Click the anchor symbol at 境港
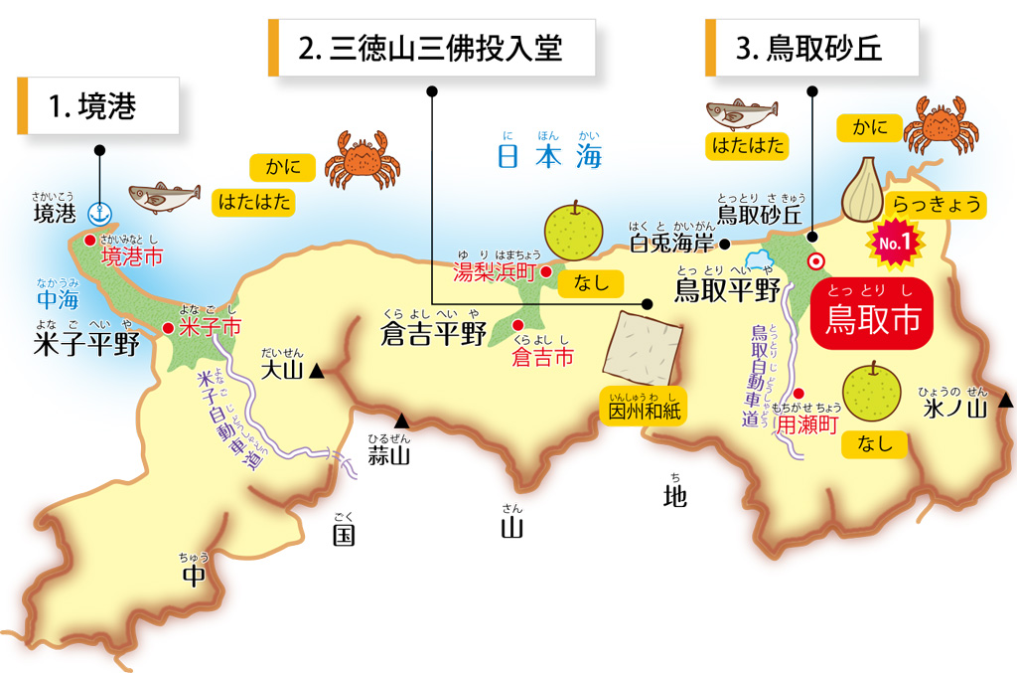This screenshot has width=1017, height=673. (99, 213)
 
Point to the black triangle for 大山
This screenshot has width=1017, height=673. (316, 372)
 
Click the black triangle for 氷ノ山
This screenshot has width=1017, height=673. (1005, 401)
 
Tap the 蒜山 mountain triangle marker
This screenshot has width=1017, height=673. (401, 421)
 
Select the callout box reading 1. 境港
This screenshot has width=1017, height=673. (98, 106)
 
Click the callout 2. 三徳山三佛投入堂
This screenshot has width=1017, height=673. (432, 48)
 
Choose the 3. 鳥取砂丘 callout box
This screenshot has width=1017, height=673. (811, 48)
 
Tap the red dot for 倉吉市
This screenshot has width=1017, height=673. (516, 325)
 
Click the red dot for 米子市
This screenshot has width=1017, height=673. (169, 327)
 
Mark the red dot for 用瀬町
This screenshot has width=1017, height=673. (799, 394)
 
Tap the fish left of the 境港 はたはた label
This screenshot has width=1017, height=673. (163, 197)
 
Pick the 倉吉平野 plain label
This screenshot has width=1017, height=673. (434, 334)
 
